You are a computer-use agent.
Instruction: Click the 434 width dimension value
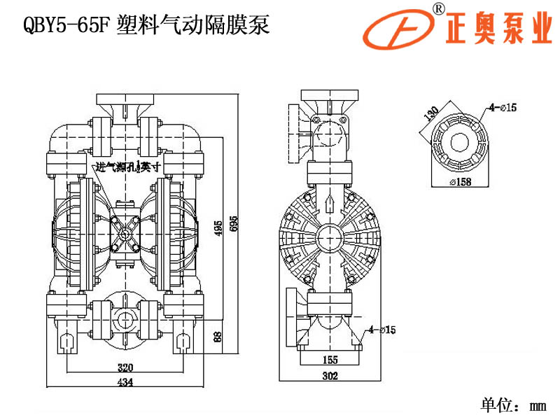pos(124,381)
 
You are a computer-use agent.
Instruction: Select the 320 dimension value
pos(125,367)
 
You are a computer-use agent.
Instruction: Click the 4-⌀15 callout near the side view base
pos(382,329)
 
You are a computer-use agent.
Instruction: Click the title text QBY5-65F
pos(67,26)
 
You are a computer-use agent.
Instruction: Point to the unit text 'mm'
pos(538,405)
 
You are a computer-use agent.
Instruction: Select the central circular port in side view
pos(329,237)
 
